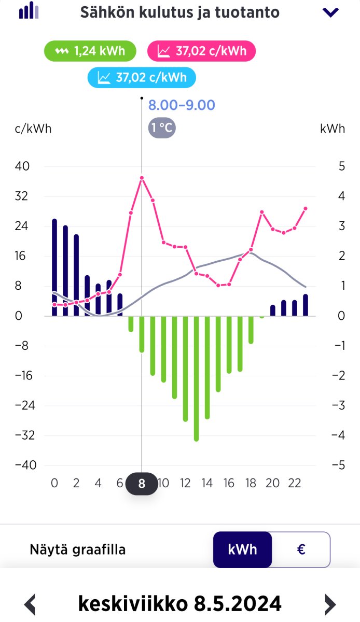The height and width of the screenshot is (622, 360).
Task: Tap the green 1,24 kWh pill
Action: [x=91, y=51]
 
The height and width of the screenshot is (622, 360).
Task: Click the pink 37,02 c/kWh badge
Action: [x=201, y=51]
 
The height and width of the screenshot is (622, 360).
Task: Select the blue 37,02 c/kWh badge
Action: [x=142, y=78]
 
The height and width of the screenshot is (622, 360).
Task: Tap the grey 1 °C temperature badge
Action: [x=162, y=128]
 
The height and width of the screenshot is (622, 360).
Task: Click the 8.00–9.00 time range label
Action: [x=182, y=105]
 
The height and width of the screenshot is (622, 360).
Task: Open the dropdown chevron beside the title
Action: [x=330, y=12]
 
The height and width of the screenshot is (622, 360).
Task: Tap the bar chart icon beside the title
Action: [x=29, y=11]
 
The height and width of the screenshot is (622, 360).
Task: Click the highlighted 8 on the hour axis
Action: [x=142, y=484]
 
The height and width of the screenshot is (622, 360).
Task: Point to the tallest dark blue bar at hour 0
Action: [x=54, y=267]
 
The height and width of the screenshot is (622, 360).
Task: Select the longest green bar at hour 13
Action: [x=197, y=378]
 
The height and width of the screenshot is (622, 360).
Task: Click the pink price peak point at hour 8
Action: [x=142, y=178]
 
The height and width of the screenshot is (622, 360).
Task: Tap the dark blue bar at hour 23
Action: [x=306, y=305]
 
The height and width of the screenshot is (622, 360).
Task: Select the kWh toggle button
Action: [x=242, y=549]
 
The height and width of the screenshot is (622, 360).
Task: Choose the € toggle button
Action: [x=301, y=549]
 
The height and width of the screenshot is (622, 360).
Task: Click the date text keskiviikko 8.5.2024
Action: [x=179, y=603]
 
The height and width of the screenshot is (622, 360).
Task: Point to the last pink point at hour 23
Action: [x=306, y=208]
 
